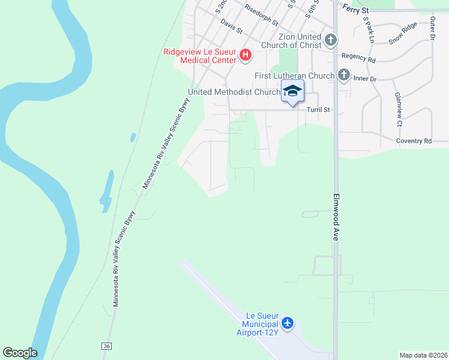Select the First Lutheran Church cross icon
pos(343,76)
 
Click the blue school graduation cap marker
pos(292,91)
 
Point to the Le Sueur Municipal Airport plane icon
pos(288,323)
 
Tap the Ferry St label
pos(356,8)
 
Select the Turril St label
pos(319,110)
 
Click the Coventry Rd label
pos(414,141)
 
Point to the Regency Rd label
pos(358,59)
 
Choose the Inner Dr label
pos(365,79)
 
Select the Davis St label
pos(231,26)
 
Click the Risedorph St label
pos(261,17)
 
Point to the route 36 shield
pos(107,346)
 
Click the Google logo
pos(20,353)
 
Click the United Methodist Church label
pos(234,92)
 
